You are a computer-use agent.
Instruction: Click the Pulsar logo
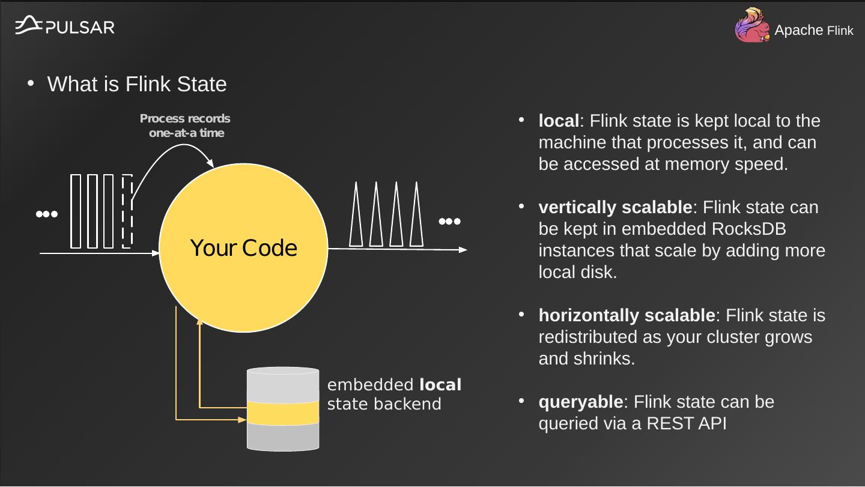tap(64, 26)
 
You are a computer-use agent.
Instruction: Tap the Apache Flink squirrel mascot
tap(751, 26)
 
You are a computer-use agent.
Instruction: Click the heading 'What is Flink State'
tap(136, 84)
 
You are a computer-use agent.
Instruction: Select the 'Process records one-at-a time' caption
tap(186, 126)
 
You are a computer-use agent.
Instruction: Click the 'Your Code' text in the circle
tap(243, 248)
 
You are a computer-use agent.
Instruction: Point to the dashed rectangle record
tap(127, 211)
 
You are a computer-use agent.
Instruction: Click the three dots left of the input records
tap(46, 214)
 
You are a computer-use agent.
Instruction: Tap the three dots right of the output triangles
tap(449, 222)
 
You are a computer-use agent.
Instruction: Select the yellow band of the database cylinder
tap(283, 413)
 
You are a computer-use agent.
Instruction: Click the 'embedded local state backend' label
tap(393, 395)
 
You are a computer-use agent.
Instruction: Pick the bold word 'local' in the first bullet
tap(559, 121)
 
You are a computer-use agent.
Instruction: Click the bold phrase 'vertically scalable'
tap(615, 208)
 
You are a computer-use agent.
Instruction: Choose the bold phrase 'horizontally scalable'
tap(627, 316)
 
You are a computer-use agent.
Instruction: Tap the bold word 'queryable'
tap(580, 402)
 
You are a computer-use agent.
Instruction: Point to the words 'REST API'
tap(687, 424)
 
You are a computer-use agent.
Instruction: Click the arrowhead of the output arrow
tap(463, 250)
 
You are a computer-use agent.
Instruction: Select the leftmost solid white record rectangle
tap(76, 211)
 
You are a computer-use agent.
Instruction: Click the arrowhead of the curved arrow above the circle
tap(210, 163)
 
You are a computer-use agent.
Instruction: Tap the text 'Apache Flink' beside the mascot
tap(813, 31)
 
